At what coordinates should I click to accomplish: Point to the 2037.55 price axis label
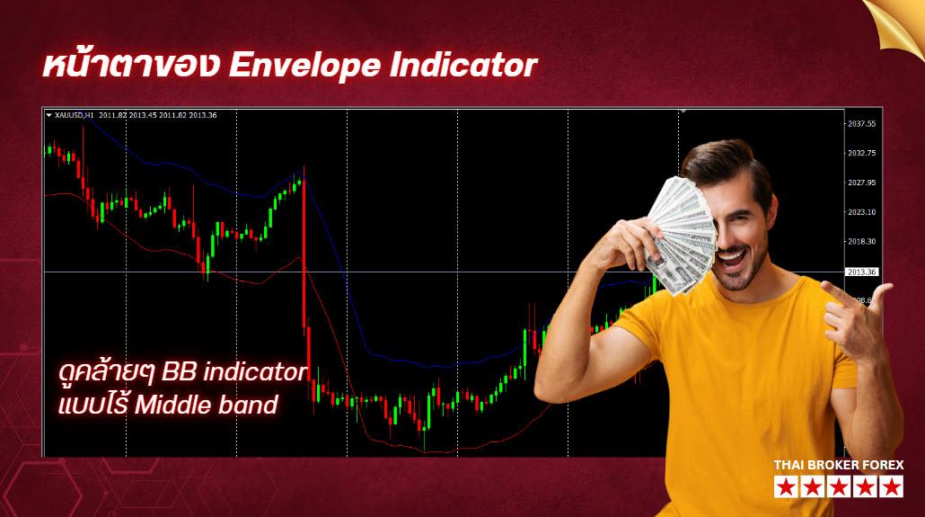861,124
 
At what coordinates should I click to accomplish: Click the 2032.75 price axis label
861,153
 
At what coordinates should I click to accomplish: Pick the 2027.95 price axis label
861,183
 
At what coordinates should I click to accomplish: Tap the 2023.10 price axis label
861,212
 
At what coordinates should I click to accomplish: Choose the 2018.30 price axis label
861,241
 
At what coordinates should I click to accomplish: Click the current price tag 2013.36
861,272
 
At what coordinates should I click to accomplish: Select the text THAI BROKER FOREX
839,465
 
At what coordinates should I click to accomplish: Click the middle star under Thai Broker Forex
839,487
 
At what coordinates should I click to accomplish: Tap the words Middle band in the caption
206,405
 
